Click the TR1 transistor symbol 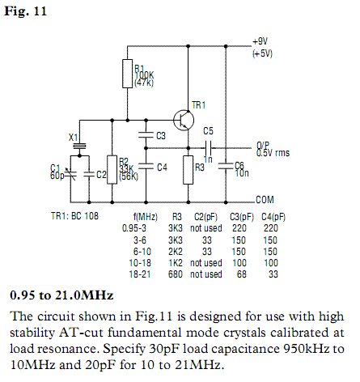pos(184,121)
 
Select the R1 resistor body pos(127,74)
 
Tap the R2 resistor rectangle pos(112,170)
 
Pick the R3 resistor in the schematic pos(188,170)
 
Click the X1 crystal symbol pos(79,146)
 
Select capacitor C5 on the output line pos(209,148)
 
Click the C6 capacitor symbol pos(226,166)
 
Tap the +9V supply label pos(260,41)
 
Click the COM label pos(265,200)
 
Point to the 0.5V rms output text pos(273,153)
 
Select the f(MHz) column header pos(146,217)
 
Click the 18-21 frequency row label pos(140,274)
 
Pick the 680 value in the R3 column pos(176,274)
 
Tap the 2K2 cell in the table pos(176,252)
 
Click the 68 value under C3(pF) pos(242,274)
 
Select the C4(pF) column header pos(273,217)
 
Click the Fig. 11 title pos(26,11)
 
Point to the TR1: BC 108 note pos(74,216)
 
